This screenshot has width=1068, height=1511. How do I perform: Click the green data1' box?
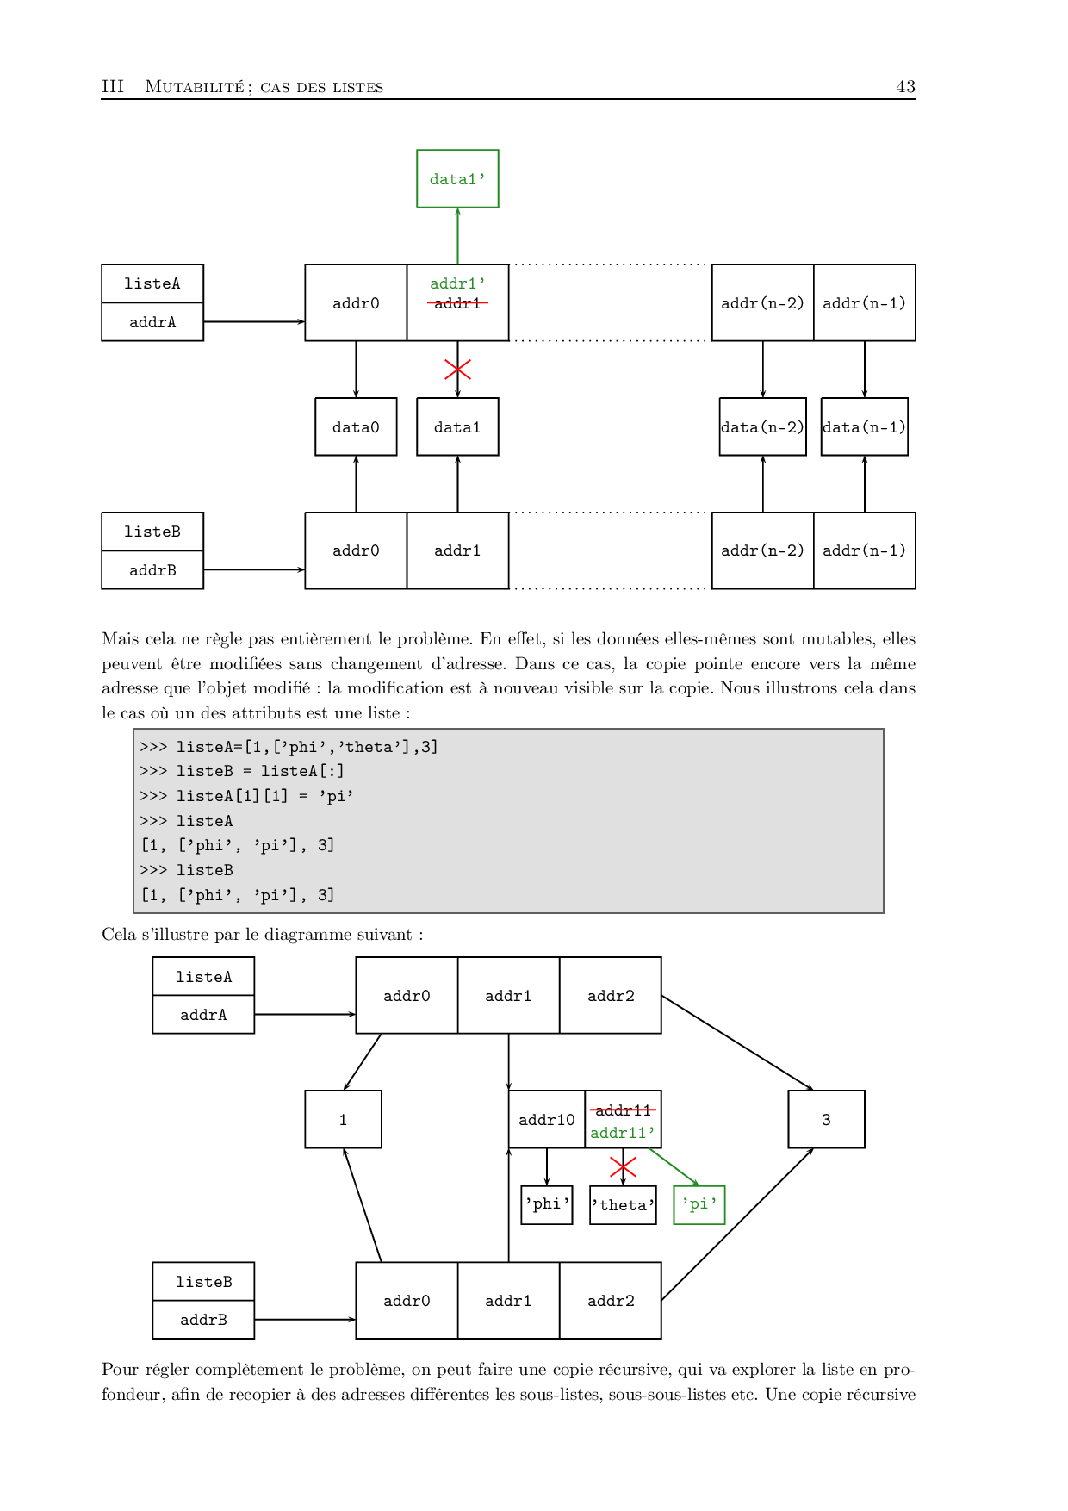pos(457,179)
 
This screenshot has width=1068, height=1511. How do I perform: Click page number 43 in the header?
pos(905,86)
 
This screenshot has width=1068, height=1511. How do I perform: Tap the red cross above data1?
pos(457,370)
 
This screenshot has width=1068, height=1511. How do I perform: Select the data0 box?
pos(356,426)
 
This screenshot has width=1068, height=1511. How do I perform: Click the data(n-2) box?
pos(762,426)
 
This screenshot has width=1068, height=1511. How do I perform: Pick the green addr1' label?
pos(457,283)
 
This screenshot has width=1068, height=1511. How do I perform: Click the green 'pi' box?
pos(699,1204)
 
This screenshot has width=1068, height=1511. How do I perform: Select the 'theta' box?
pos(623,1205)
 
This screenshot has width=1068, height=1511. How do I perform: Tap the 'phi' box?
pos(547,1204)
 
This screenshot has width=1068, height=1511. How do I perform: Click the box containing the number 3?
pos(826,1119)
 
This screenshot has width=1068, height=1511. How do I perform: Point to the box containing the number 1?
pos(343,1119)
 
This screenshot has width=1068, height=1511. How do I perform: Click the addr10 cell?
pos(546,1119)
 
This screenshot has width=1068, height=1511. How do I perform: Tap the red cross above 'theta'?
pos(623,1167)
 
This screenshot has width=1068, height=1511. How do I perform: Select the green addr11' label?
pos(623,1133)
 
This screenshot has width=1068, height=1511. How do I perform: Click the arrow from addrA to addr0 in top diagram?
pos(254,321)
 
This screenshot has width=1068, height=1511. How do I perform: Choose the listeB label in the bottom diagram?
pos(203,1281)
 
